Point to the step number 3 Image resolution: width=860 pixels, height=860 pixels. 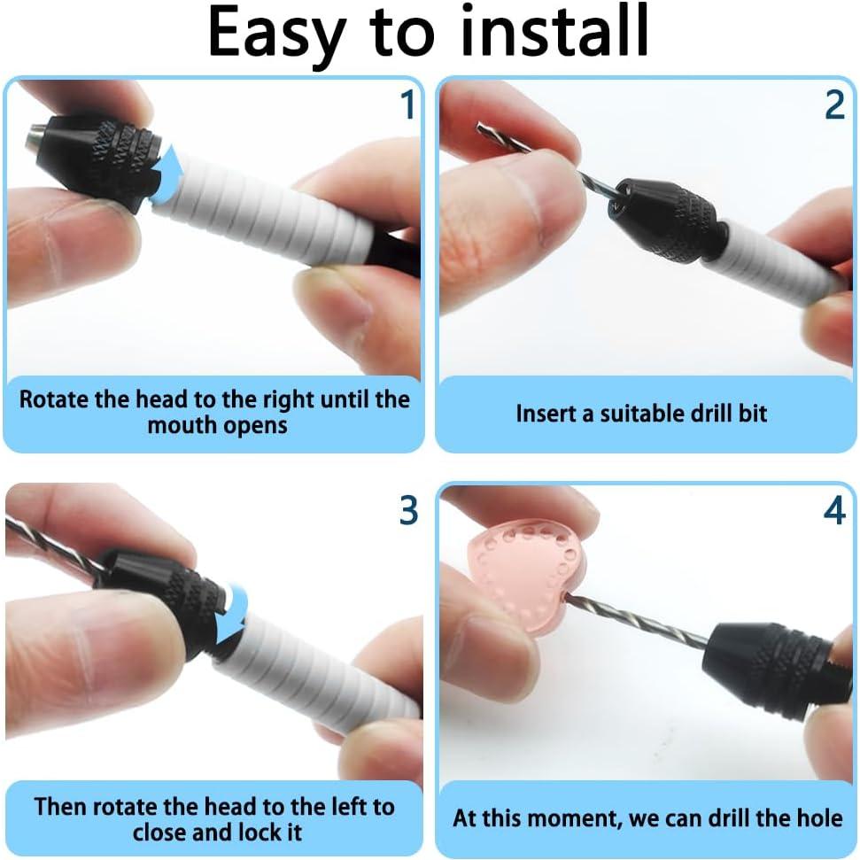408,511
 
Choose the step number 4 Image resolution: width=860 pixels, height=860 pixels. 834,511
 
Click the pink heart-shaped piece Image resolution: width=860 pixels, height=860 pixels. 523,577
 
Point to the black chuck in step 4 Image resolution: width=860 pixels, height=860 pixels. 768,668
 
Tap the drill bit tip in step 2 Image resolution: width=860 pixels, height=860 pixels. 478,126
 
